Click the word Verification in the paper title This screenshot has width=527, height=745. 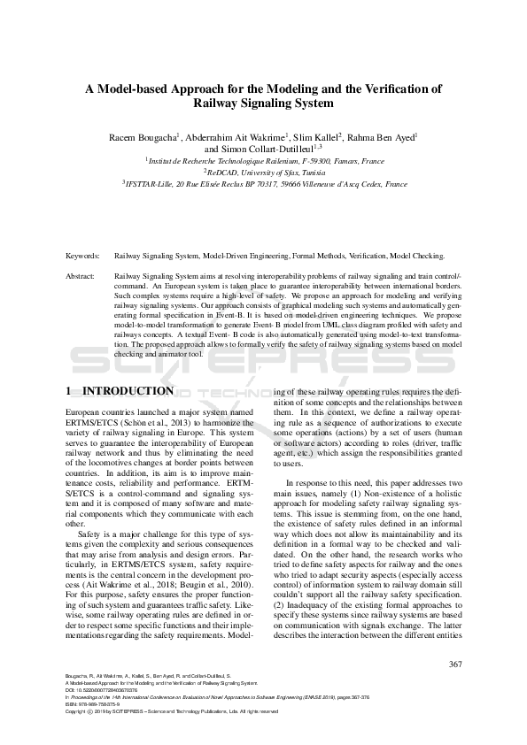point(392,88)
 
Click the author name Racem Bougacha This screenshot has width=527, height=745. point(142,137)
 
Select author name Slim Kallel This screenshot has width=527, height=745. point(314,137)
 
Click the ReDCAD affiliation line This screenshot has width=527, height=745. point(263,173)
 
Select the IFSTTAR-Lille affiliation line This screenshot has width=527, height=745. point(263,185)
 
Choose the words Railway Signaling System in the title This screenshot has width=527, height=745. point(263,103)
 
